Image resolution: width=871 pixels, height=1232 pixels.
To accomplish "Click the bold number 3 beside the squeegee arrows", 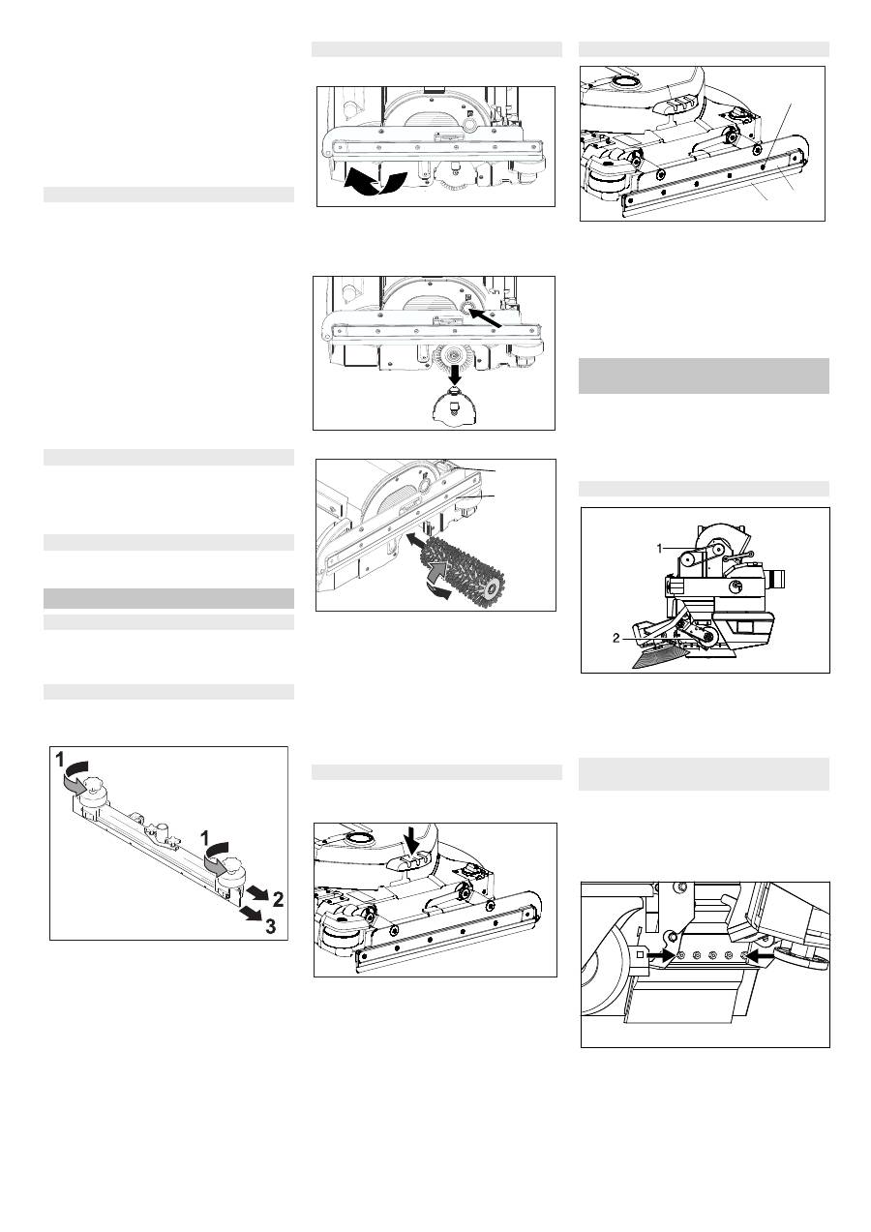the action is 271,926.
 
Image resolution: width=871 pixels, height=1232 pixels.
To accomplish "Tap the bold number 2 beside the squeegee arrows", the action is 279,899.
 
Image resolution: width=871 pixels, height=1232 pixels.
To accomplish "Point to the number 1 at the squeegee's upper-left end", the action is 60,760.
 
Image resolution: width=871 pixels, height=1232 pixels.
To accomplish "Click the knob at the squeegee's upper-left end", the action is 93,791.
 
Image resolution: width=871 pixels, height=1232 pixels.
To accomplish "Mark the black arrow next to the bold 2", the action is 256,892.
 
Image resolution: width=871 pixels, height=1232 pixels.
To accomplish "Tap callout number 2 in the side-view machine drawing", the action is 617,638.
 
